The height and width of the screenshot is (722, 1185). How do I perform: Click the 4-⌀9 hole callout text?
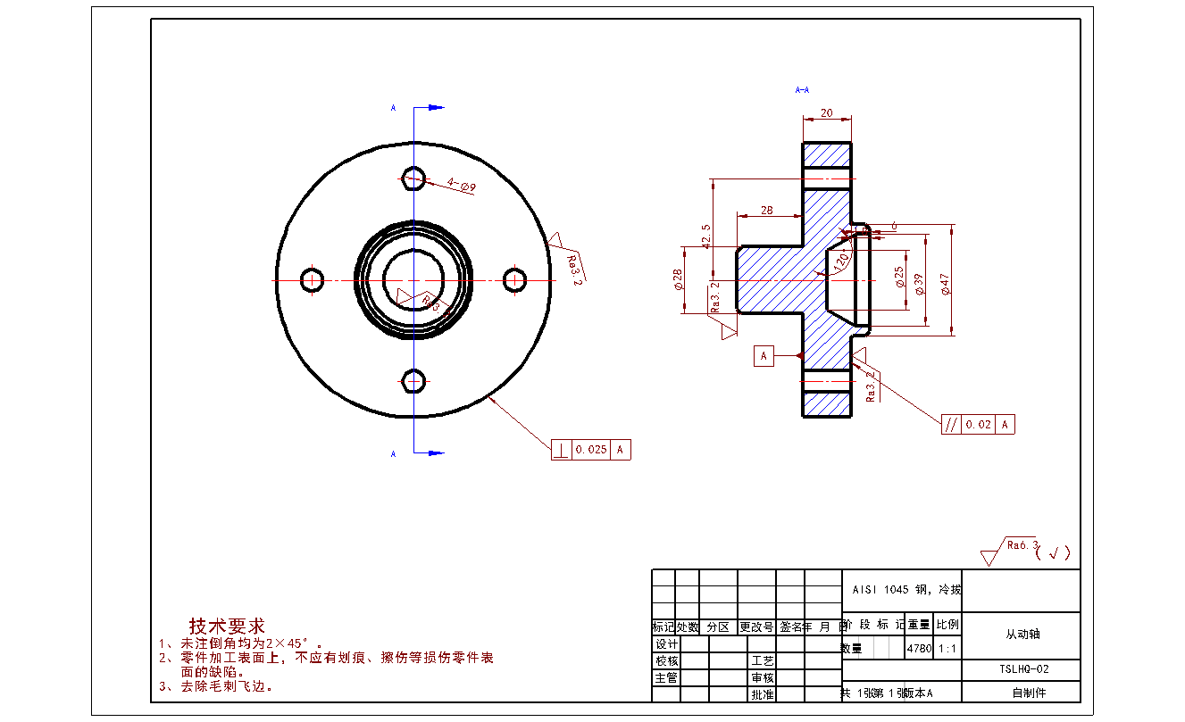[x=462, y=185]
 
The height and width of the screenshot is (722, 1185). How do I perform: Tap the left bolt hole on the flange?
[x=313, y=280]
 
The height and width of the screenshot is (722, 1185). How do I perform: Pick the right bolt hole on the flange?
[x=514, y=280]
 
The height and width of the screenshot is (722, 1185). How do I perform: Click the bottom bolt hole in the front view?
[x=413, y=381]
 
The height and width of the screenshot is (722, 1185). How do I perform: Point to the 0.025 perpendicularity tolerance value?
[x=591, y=450]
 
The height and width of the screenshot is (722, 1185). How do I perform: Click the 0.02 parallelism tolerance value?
[x=979, y=425]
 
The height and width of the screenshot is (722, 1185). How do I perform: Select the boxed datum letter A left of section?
[x=764, y=356]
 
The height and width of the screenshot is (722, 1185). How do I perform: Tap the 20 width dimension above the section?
[x=827, y=113]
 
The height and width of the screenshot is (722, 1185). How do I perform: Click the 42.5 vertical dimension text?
[x=706, y=237]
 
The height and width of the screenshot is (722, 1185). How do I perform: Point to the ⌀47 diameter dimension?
[x=946, y=283]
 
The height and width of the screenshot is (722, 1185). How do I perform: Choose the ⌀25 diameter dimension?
[x=898, y=278]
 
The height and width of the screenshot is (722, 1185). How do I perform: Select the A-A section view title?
[x=802, y=90]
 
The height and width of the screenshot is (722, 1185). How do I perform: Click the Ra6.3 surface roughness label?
[x=1022, y=544]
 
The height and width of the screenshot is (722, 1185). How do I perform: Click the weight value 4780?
[x=919, y=649]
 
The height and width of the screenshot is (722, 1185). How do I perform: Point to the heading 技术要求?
[x=227, y=627]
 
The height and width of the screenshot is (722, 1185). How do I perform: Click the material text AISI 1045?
[x=880, y=590]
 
